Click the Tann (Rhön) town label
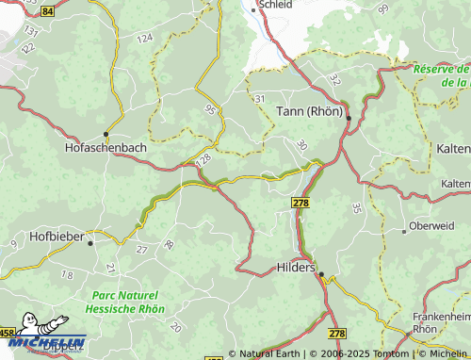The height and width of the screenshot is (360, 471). pos(309,111)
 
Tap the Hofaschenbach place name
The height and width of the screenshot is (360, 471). pos(106,148)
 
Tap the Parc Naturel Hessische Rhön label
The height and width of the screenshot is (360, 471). pos(123,302)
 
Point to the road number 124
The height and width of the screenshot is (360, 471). pos(144,38)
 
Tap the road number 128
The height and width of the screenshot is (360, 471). pos(203,163)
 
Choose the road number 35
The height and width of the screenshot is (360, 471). pos(356,206)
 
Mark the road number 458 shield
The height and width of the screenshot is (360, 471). pos(7,333)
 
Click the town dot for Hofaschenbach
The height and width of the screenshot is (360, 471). pos(106,134)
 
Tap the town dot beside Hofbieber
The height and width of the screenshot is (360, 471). pos(90,242)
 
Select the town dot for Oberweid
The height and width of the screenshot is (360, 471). pos(404,230)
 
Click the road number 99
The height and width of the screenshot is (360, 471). pos(382,8)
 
